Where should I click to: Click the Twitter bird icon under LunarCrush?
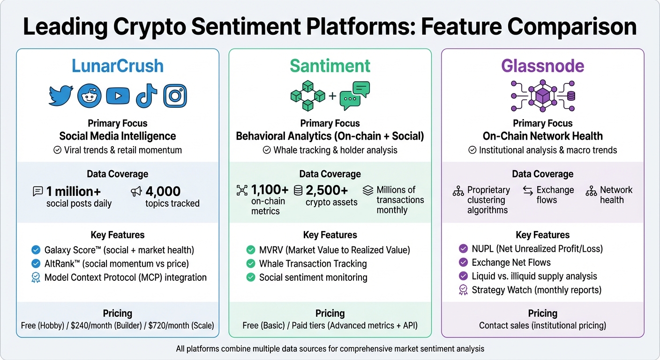tap(61, 96)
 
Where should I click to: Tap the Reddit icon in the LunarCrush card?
tap(89, 96)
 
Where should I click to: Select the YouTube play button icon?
tap(118, 96)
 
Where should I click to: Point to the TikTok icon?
tap(146, 96)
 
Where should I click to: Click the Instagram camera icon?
tap(175, 96)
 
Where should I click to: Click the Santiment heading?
tap(330, 66)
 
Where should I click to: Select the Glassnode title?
tap(542, 66)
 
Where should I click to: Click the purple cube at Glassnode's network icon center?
tap(542, 96)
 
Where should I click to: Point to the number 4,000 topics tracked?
tap(163, 191)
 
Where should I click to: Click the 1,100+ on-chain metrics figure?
tap(270, 190)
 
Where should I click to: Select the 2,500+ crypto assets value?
tap(327, 190)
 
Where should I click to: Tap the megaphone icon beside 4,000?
tap(136, 191)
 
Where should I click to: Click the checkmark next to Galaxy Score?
tap(36, 250)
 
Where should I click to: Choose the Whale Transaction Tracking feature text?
tap(313, 263)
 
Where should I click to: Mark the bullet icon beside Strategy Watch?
tap(463, 290)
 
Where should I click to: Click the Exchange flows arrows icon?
tap(528, 190)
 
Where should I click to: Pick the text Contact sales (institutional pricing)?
tap(542, 325)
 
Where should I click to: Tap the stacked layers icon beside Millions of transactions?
tap(368, 190)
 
